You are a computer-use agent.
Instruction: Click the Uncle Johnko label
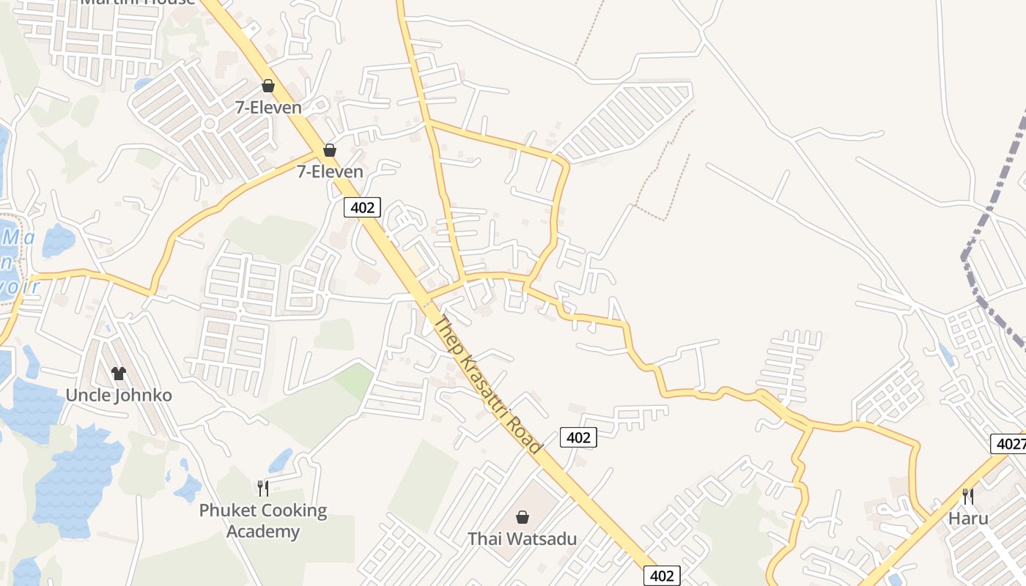pos(119,396)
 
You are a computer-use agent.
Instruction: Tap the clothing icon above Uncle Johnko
pos(119,374)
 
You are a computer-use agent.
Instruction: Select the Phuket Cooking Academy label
pos(263,520)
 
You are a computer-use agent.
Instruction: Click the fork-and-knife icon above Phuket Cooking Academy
pos(263,488)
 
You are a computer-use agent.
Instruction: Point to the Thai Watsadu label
pos(523,539)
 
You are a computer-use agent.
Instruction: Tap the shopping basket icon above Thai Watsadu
pos(523,517)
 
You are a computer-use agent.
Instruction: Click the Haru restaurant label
pos(968,519)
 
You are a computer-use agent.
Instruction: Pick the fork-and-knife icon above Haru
pos(968,496)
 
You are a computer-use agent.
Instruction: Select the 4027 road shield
pos(1009,444)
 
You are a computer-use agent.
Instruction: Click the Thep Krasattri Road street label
pos(487,385)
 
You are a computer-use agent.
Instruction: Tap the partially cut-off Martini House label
pos(138,2)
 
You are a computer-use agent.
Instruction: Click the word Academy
pos(263,531)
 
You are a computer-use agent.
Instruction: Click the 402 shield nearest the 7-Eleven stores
pos(362,207)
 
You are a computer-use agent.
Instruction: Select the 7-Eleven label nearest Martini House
pos(268,108)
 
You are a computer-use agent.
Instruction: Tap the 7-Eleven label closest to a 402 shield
pos(330,171)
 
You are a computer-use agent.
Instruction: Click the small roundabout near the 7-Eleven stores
pos(210,124)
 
